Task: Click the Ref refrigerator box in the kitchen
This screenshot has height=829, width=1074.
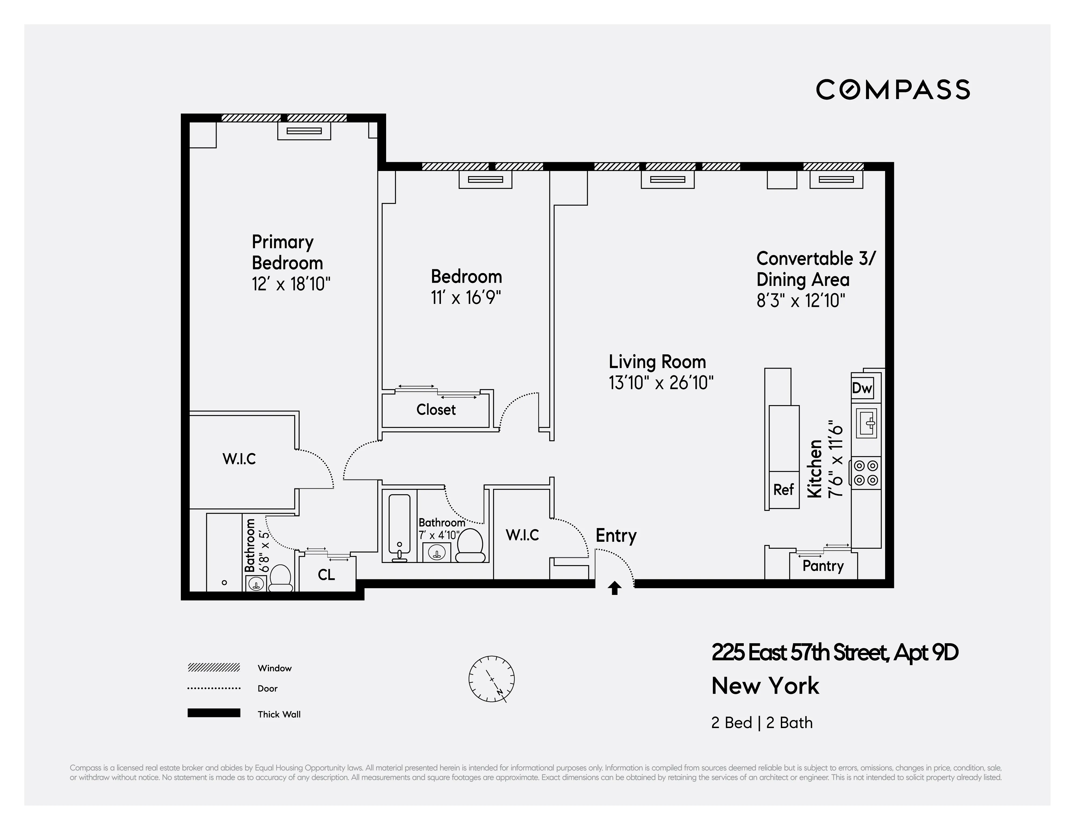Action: pos(783,489)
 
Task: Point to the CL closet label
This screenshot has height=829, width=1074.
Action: pos(326,575)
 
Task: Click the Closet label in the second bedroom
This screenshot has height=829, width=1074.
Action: pos(436,409)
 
